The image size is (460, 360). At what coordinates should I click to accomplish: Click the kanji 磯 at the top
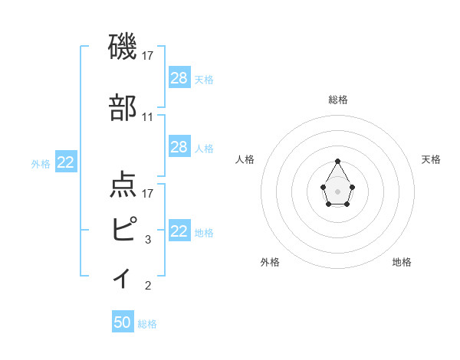(x=123, y=47)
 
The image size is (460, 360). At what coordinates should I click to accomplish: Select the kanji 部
(x=123, y=109)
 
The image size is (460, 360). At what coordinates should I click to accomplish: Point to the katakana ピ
(x=123, y=227)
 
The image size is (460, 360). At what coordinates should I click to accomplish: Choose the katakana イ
(x=123, y=277)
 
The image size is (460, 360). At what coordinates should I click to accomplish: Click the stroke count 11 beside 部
(x=148, y=117)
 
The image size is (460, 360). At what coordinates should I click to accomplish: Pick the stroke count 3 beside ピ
(x=148, y=240)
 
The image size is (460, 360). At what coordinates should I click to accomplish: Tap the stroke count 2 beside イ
(x=148, y=286)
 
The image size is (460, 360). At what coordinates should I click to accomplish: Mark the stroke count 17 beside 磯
(x=148, y=55)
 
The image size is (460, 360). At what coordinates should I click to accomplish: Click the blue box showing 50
(x=123, y=322)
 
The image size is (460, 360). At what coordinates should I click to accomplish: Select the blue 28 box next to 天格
(x=179, y=77)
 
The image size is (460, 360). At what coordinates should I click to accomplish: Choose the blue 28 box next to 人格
(x=179, y=147)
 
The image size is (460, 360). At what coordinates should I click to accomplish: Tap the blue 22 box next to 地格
(x=179, y=231)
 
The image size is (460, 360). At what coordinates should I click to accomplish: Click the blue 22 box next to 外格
(x=65, y=162)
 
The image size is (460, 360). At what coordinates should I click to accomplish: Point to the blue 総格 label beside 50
(x=147, y=324)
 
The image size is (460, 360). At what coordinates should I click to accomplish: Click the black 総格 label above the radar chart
(x=338, y=100)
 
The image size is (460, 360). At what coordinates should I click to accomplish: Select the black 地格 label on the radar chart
(x=402, y=262)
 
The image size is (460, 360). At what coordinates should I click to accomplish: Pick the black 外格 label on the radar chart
(x=270, y=262)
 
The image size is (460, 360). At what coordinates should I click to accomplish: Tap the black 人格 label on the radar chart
(x=245, y=159)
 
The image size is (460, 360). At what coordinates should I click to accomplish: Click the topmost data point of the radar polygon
(x=337, y=161)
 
